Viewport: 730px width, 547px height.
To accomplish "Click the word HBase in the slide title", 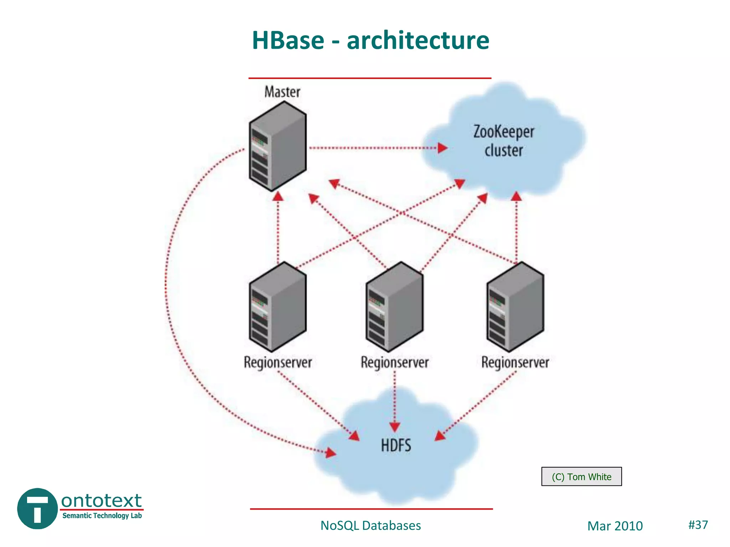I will coord(288,40).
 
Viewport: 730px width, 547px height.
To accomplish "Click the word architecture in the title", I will coord(418,40).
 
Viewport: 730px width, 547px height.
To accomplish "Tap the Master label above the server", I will coord(282,92).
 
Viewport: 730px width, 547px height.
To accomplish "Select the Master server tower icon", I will coord(277,147).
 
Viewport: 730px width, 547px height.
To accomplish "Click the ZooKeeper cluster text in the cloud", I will coord(503,141).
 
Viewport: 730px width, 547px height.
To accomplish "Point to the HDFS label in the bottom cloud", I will coord(396,446).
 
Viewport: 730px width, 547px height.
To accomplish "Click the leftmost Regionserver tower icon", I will coord(277,307).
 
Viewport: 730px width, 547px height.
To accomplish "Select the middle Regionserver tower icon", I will coord(394,307).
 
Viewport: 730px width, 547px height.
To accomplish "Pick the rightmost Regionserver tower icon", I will coord(515,307).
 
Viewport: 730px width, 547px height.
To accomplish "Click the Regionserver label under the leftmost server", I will coord(278,363).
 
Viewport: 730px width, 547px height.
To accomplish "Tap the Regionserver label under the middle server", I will coord(395,363).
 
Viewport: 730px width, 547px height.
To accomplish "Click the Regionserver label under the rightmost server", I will coord(515,363).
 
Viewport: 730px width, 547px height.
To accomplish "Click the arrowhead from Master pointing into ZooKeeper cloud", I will coord(442,148).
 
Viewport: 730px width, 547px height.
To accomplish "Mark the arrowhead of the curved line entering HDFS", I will coord(331,453).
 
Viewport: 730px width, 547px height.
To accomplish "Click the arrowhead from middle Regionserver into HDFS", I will coord(395,427).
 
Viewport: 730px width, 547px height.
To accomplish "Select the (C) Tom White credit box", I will coord(581,476).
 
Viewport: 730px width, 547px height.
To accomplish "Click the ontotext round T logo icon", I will coord(37,508).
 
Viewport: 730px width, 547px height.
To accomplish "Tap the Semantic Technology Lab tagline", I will coord(102,516).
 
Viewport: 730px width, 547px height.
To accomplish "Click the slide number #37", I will coord(698,525).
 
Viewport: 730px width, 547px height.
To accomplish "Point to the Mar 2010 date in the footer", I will coord(615,526).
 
